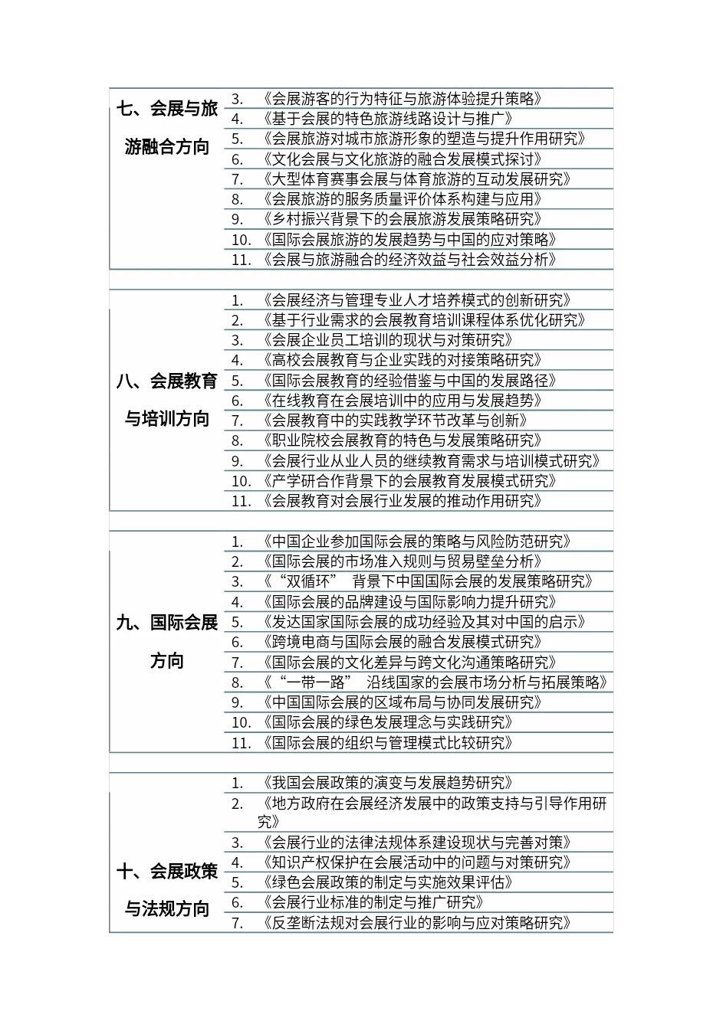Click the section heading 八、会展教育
tap(167, 381)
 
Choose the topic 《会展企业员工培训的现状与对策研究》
tap(387, 340)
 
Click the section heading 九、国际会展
tap(167, 622)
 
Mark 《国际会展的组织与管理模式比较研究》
tap(387, 743)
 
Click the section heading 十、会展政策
tap(167, 871)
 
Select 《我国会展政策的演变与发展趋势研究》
tap(387, 783)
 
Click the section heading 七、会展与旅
tap(167, 108)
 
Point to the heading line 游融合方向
tap(167, 147)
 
